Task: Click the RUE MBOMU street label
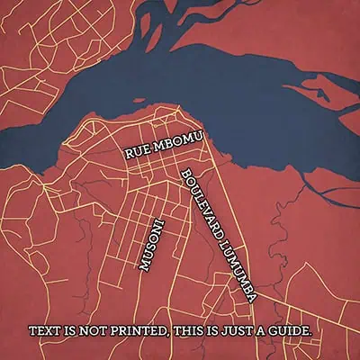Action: tap(163, 146)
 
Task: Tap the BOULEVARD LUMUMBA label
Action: tap(219, 233)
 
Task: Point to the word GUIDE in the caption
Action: tap(291, 331)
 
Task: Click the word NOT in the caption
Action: tap(93, 331)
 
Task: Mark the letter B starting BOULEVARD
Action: tap(184, 174)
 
